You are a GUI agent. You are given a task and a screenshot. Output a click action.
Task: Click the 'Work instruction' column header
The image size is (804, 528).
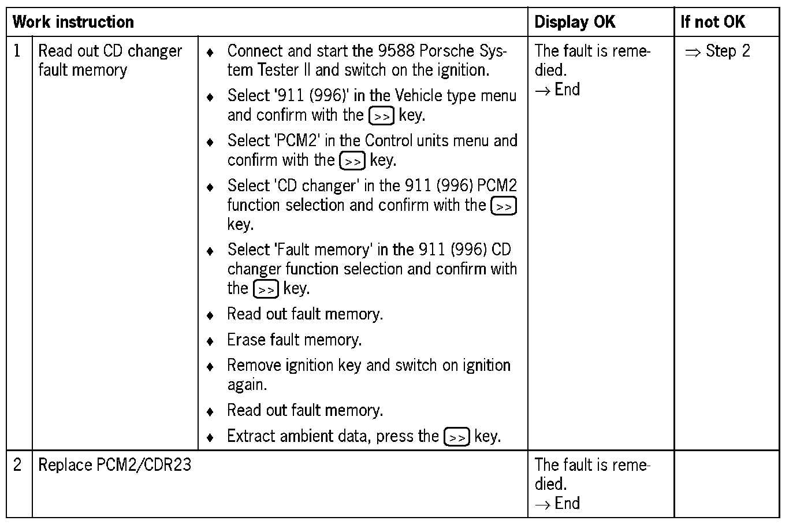(x=73, y=23)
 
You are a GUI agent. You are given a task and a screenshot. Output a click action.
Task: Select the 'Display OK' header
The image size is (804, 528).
(x=575, y=23)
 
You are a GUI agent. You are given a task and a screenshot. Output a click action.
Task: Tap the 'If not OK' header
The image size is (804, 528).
(x=713, y=23)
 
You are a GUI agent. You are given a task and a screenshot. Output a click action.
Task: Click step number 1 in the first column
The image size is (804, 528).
(x=17, y=51)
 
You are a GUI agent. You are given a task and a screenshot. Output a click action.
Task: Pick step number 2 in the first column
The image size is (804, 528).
(x=17, y=464)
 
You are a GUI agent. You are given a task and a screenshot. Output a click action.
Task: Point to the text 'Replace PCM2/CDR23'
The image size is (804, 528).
(x=114, y=464)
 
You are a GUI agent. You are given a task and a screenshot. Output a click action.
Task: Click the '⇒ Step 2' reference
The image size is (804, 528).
(x=717, y=51)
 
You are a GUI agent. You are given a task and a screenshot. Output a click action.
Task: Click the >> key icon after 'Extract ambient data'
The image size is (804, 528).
(x=456, y=437)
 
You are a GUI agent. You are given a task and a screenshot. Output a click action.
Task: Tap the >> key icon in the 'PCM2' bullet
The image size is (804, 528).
(x=352, y=161)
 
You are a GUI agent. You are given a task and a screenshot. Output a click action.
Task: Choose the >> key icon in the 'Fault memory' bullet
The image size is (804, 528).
(x=266, y=289)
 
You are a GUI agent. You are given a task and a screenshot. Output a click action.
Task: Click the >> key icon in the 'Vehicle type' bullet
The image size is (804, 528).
(x=381, y=116)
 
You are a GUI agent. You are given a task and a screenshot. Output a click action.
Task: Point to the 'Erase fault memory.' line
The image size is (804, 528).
(x=294, y=340)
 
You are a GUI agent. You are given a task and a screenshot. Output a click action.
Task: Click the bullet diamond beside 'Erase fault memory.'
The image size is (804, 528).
(x=210, y=341)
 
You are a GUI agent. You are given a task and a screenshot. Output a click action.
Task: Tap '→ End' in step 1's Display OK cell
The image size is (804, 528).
(x=557, y=90)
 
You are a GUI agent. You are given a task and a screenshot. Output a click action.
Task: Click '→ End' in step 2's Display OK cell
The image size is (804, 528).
(x=557, y=503)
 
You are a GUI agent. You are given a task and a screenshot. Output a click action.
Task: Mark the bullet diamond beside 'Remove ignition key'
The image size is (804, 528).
(x=210, y=366)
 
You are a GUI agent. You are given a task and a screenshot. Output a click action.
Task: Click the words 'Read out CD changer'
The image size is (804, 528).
(x=110, y=51)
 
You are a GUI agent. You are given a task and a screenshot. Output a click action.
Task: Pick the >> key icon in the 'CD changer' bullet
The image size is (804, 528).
(x=503, y=206)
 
